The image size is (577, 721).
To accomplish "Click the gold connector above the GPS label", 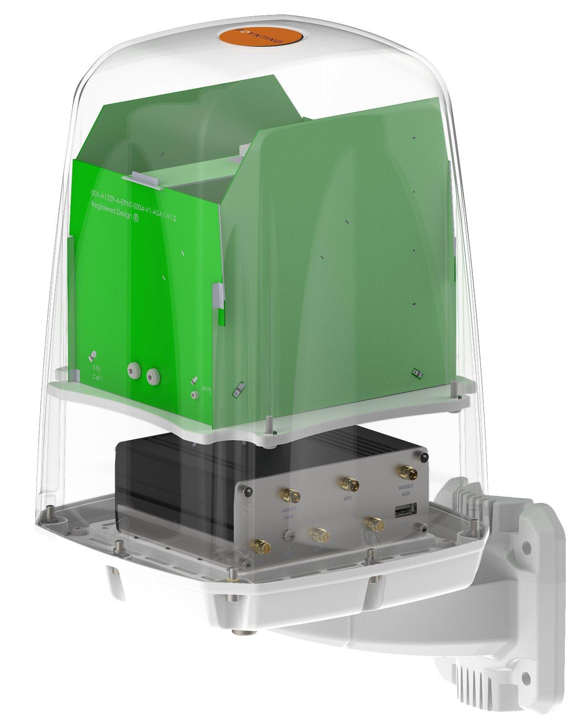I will pos(350,485).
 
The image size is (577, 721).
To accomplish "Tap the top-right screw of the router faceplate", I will pos(423,458).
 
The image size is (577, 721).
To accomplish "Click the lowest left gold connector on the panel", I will pos(260,546).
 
